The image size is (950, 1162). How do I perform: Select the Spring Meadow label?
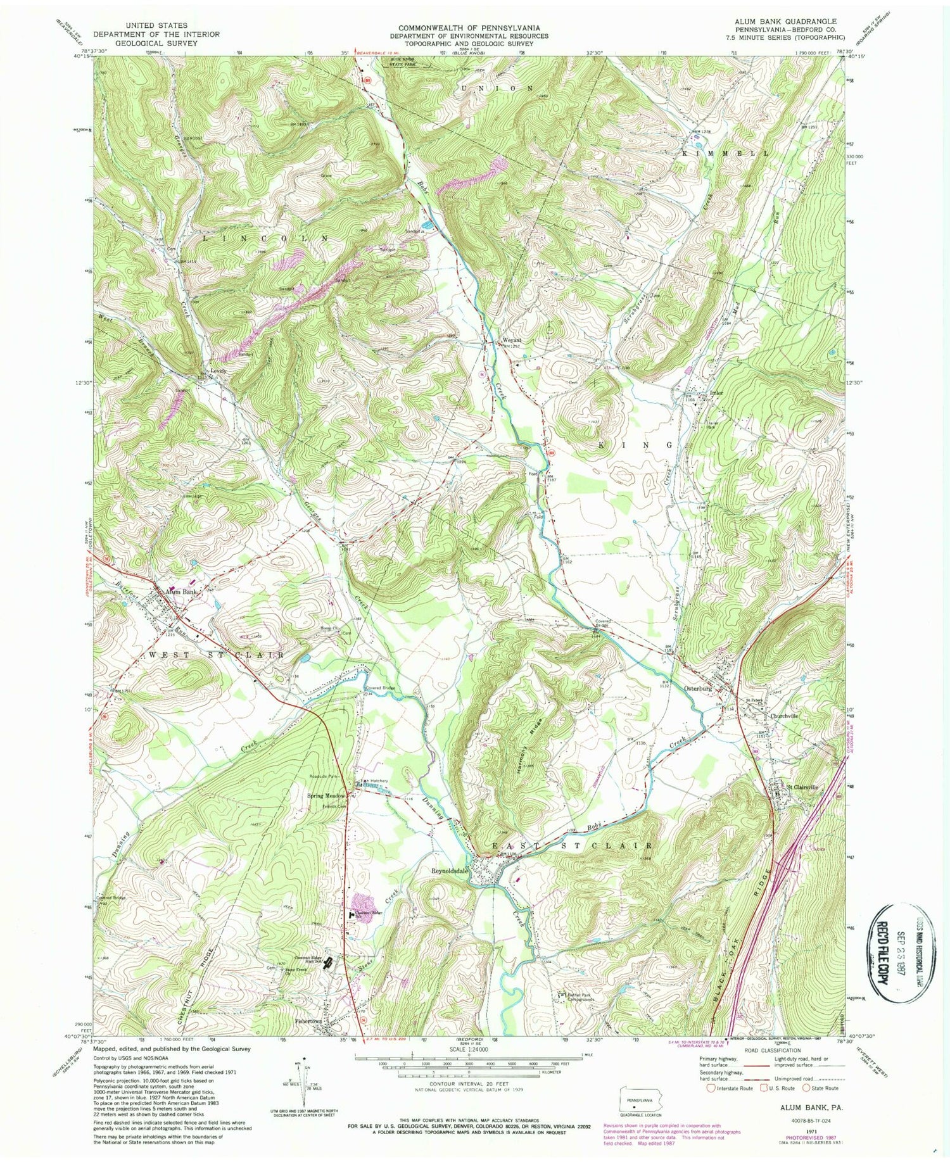pyautogui.click(x=327, y=796)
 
